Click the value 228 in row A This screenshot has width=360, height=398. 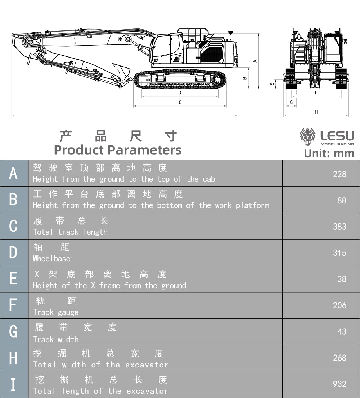click(339, 174)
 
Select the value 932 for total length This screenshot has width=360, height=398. click(339, 384)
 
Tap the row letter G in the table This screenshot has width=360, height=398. click(13, 331)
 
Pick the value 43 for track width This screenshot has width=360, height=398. click(342, 331)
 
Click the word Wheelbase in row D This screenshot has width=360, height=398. click(51, 258)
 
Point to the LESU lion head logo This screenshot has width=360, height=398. click(307, 137)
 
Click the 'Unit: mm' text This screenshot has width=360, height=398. click(329, 153)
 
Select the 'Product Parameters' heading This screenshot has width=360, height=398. click(117, 150)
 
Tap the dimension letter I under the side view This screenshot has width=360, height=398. click(125, 112)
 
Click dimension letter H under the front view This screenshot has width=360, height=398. click(316, 112)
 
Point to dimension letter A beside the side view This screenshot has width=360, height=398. click(255, 61)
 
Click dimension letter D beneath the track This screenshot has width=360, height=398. click(180, 92)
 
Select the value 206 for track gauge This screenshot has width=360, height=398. click(339, 305)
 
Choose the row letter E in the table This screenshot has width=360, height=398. click(13, 279)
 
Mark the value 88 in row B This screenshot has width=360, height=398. click(342, 200)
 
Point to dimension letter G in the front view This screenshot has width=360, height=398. click(291, 103)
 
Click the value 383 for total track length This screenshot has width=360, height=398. click(339, 227)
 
